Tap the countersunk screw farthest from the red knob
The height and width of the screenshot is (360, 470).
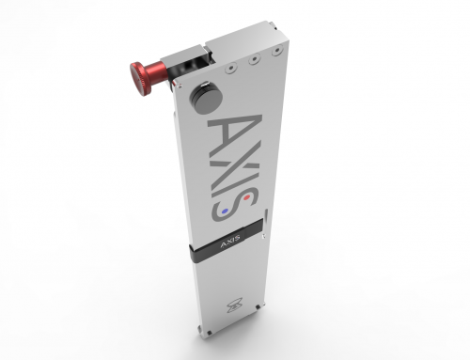tap(276, 50)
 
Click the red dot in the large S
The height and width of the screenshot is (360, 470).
tap(247, 197)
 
